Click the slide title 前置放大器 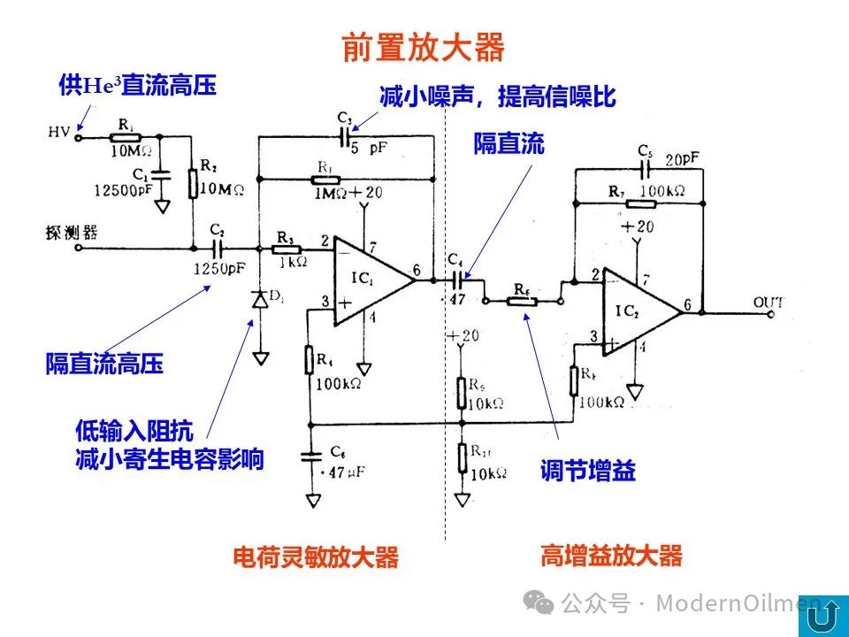tap(423, 47)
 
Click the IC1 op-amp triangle tap(371, 280)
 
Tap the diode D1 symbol tap(260, 300)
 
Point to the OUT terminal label tap(768, 303)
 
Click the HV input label tap(59, 133)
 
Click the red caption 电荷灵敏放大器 tap(315, 557)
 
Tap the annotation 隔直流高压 tap(104, 364)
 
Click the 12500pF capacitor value tap(122, 188)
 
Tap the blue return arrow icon tap(822, 612)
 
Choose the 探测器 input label tap(70, 233)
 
